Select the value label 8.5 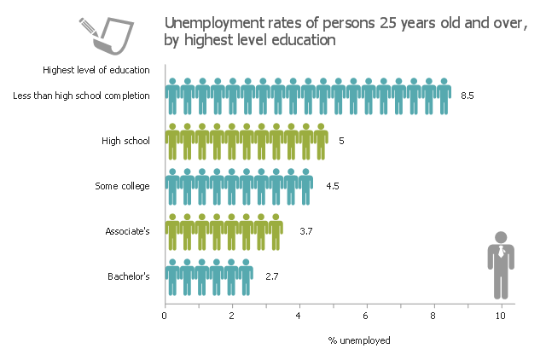tap(467, 96)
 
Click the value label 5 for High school tap(341, 141)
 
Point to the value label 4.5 tap(333, 186)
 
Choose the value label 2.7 tap(272, 276)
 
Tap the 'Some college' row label tap(123, 186)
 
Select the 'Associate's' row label tap(127, 230)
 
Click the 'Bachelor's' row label tap(129, 276)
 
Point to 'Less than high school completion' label tap(82, 96)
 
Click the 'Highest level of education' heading tap(96, 70)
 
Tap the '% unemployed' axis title tap(359, 340)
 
